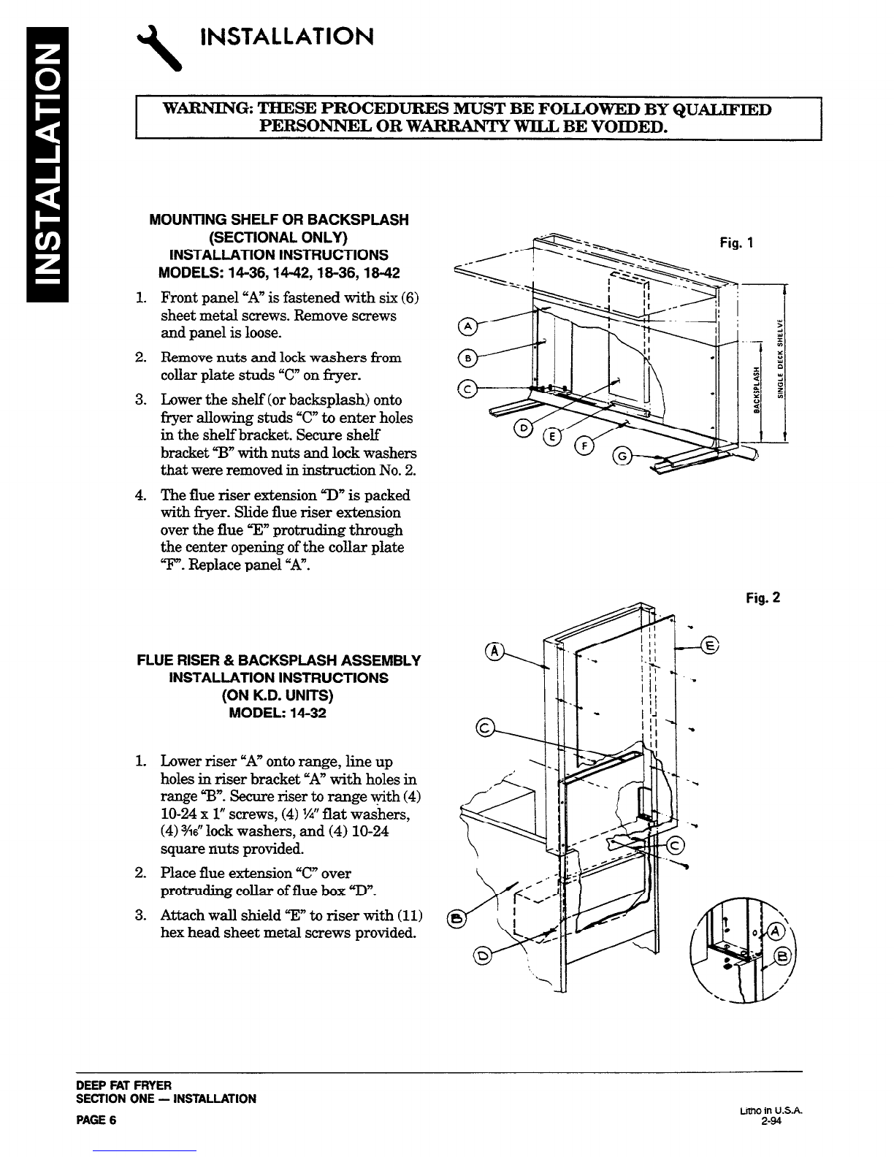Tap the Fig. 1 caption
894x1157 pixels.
pyautogui.click(x=736, y=243)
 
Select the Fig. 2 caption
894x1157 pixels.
pyautogui.click(x=763, y=598)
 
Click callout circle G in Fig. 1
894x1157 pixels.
pyautogui.click(x=622, y=457)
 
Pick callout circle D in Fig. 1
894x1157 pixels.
pyautogui.click(x=523, y=428)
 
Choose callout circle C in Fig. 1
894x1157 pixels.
pyautogui.click(x=467, y=390)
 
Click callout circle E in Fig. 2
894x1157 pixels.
pyautogui.click(x=709, y=645)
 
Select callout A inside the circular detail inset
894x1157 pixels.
pyautogui.click(x=775, y=931)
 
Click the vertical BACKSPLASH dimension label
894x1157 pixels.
pyautogui.click(x=756, y=389)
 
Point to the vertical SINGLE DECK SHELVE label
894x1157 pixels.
pyautogui.click(x=781, y=359)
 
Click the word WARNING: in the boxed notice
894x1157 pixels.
pyautogui.click(x=207, y=110)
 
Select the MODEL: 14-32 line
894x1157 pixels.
pyautogui.click(x=278, y=713)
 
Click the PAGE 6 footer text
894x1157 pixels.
pyautogui.click(x=96, y=1120)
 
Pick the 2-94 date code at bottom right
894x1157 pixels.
pyautogui.click(x=771, y=1120)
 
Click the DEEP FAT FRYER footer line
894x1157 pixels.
pyautogui.click(x=123, y=1085)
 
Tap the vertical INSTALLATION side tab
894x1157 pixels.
pyautogui.click(x=47, y=164)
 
